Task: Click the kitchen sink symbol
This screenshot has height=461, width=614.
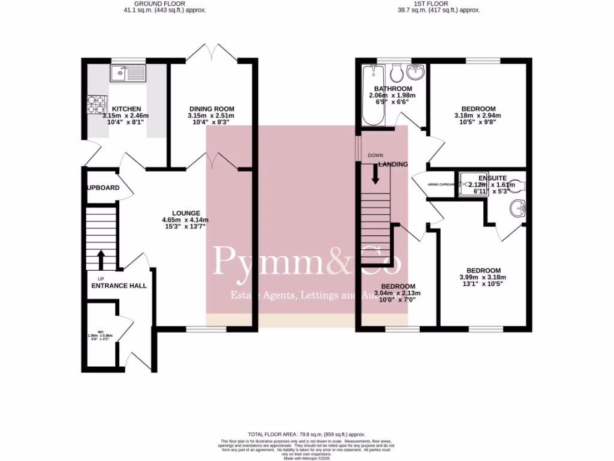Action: point(128,74)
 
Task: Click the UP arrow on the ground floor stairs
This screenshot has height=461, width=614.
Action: point(100,259)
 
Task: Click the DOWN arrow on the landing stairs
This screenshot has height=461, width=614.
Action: point(376,173)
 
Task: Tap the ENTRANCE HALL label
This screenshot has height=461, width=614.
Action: point(119,286)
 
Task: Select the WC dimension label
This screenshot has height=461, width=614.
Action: point(101,337)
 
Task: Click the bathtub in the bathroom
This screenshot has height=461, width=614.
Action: point(371,96)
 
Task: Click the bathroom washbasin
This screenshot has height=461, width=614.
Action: point(415,73)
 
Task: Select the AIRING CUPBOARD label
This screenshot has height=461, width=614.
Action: point(441,185)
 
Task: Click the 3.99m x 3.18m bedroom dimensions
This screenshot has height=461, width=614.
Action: point(483,277)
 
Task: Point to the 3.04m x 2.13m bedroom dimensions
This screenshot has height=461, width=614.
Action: point(398,293)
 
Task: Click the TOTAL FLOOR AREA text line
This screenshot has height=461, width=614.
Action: point(306,434)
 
